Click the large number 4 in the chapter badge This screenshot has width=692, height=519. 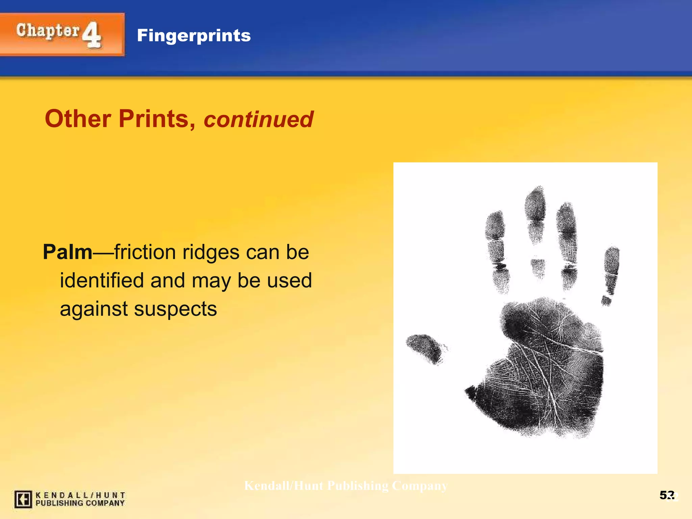pos(92,35)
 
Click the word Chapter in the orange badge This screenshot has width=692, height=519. pos(48,31)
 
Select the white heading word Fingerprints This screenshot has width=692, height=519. pos(194,35)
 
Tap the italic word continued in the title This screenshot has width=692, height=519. pos(258,120)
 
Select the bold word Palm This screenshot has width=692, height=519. pos(68,252)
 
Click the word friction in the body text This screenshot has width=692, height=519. pos(146,252)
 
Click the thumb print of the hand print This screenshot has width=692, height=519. pos(424,348)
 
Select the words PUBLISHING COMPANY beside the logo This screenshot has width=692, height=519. pos(80,503)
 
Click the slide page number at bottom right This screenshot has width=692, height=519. pos(667,495)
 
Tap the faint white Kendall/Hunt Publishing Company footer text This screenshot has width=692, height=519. pos(346,486)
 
